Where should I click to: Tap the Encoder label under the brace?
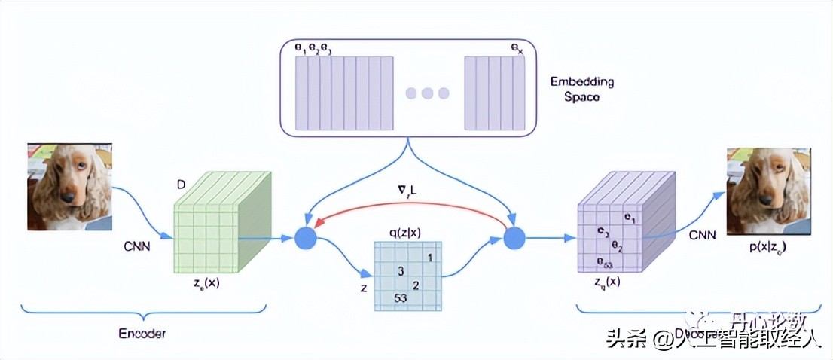click(142, 333)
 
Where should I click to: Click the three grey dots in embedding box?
click(427, 93)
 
